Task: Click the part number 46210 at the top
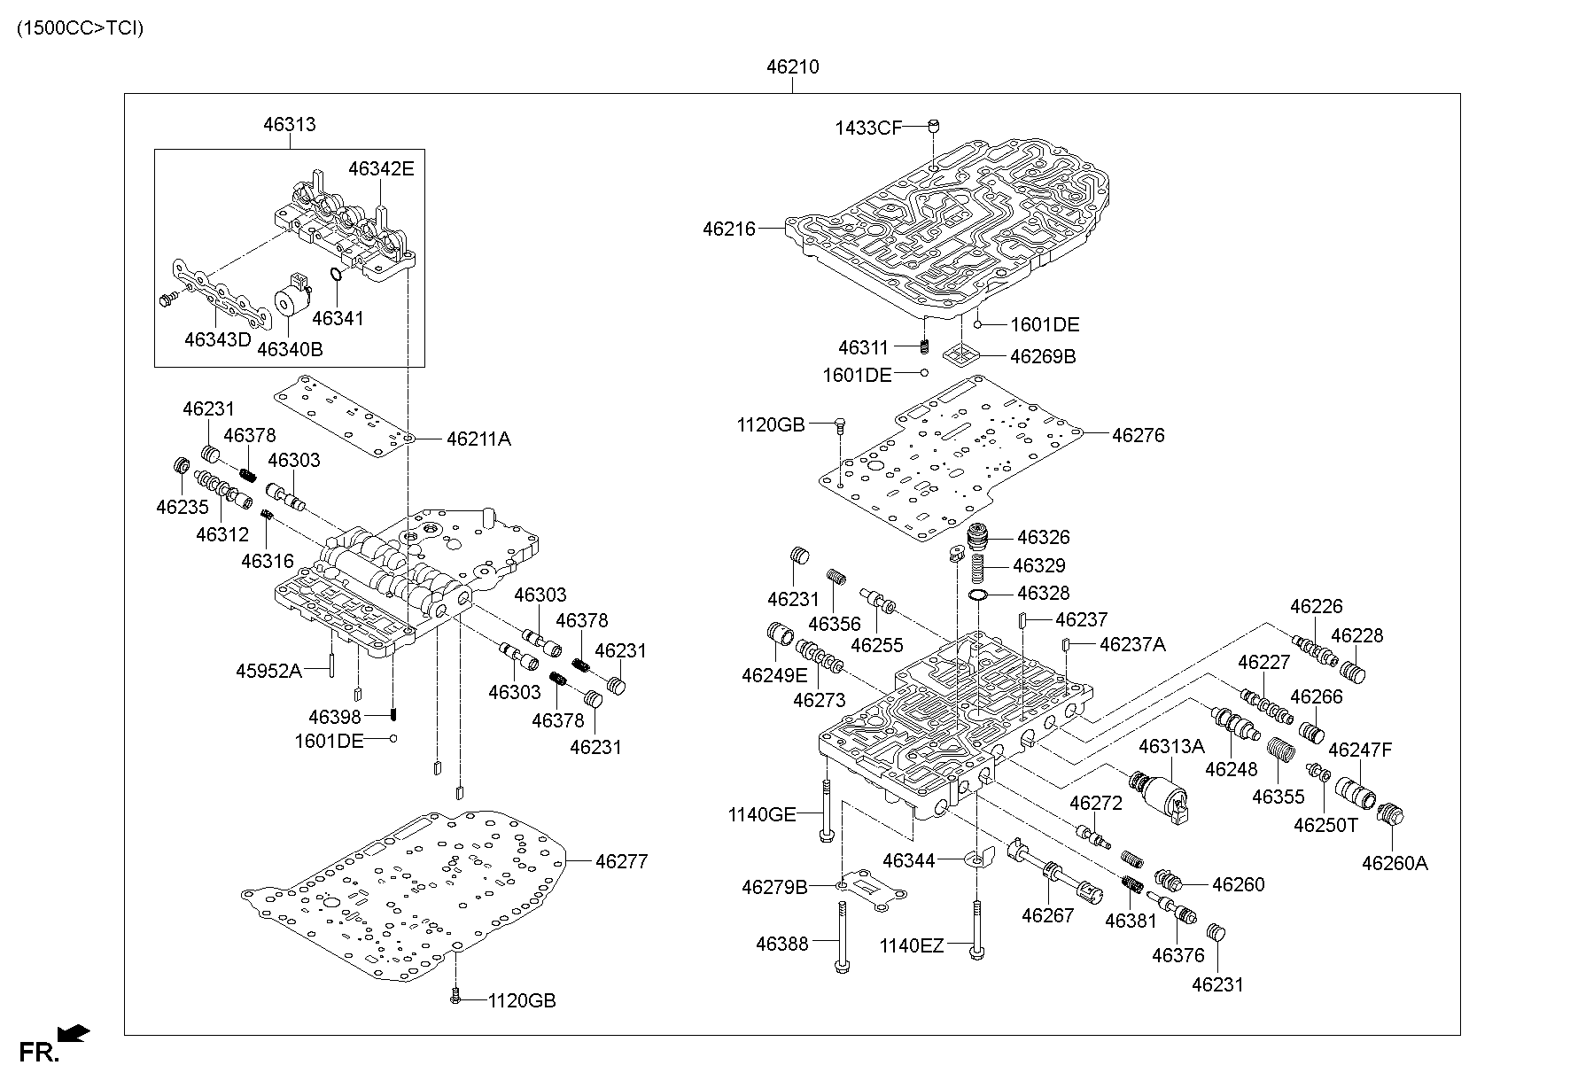click(792, 66)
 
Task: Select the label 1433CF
click(867, 128)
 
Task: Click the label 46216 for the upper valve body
click(728, 229)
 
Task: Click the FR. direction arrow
click(74, 1032)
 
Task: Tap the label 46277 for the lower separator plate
click(621, 860)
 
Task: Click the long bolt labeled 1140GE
click(826, 808)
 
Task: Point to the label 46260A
click(1395, 863)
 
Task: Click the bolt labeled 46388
click(840, 936)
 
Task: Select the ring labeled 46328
click(979, 594)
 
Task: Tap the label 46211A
click(478, 439)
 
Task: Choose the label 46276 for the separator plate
click(1138, 435)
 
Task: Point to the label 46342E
click(380, 168)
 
